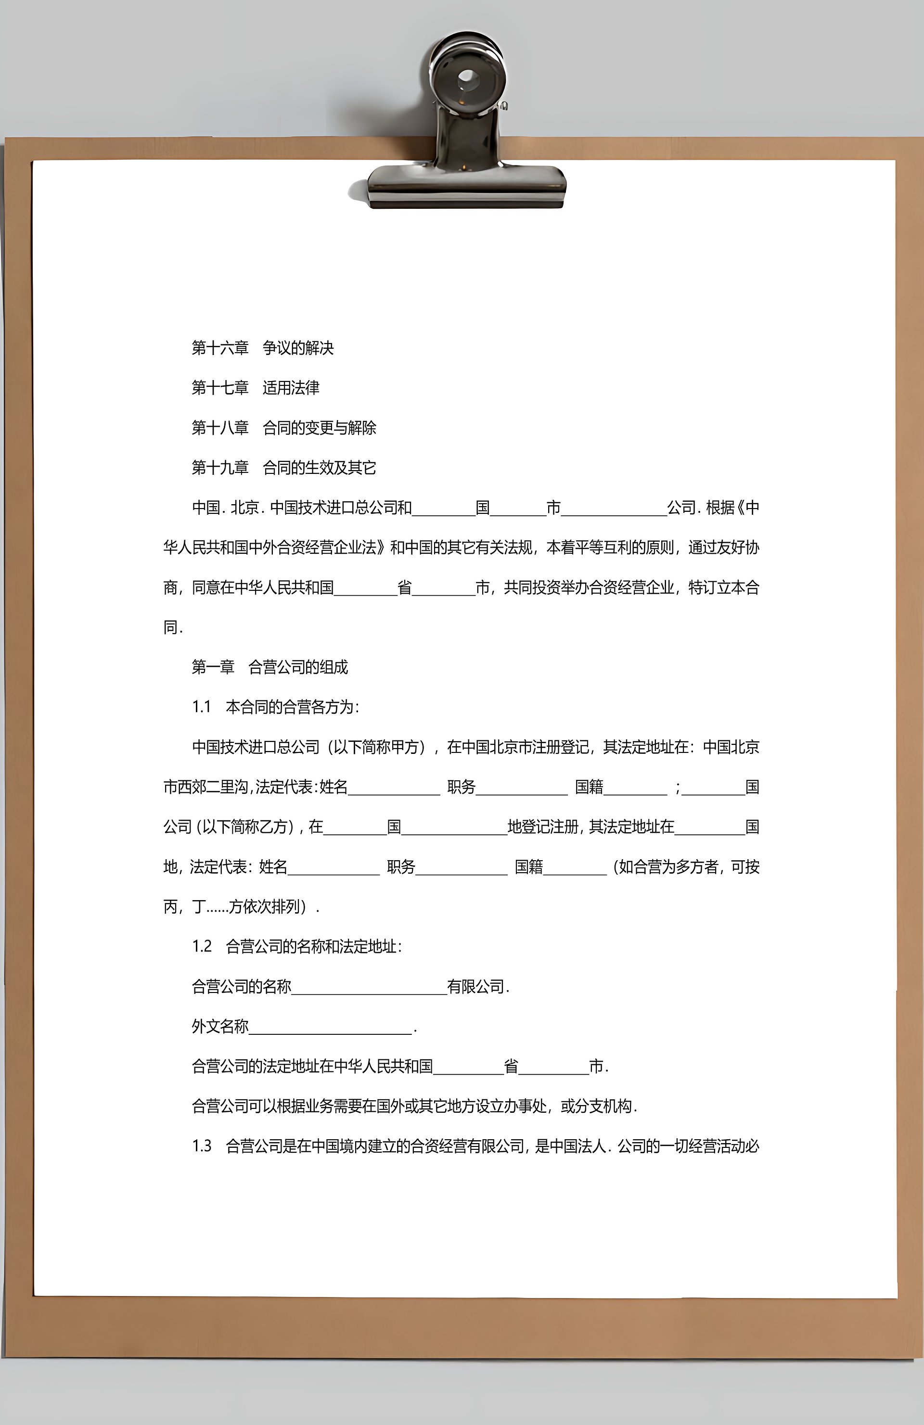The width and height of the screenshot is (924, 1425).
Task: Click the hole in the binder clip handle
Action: click(x=467, y=78)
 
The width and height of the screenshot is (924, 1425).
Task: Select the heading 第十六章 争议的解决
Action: click(x=262, y=348)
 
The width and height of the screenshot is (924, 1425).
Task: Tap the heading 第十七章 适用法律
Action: click(x=255, y=388)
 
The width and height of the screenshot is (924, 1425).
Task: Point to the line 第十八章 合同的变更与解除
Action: click(x=284, y=428)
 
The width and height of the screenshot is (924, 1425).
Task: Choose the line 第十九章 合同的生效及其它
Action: click(x=284, y=468)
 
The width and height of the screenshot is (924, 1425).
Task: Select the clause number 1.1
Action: click(x=202, y=707)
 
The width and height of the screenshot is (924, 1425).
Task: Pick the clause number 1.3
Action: click(x=202, y=1146)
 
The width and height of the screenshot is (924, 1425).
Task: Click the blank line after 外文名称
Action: click(x=331, y=1028)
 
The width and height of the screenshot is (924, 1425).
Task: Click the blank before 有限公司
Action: click(x=369, y=987)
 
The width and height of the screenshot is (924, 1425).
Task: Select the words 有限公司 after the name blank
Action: click(x=476, y=987)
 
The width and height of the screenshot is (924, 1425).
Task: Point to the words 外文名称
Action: click(x=220, y=1027)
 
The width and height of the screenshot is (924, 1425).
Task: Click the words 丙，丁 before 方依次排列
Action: click(x=184, y=907)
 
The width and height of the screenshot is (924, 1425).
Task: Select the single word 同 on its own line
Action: click(x=171, y=627)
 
